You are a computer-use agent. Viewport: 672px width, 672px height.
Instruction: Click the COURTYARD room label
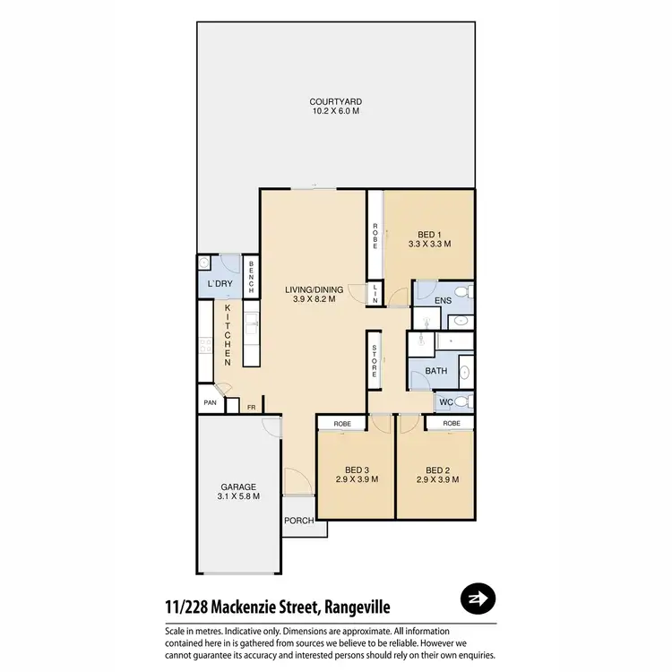[336, 101]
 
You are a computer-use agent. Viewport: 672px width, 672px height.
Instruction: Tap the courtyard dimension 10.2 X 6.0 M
[336, 111]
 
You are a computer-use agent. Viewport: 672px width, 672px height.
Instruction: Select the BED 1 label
[428, 233]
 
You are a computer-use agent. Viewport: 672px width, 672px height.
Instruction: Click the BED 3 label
[357, 470]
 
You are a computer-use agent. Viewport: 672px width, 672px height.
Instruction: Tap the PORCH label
[298, 521]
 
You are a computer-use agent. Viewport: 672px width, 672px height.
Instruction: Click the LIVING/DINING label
[314, 289]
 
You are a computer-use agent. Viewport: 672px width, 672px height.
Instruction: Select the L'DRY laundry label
[220, 284]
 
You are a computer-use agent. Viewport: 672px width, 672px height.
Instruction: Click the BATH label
[436, 370]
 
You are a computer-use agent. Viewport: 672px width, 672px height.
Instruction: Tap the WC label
[445, 402]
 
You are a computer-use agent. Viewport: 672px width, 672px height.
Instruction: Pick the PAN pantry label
[210, 403]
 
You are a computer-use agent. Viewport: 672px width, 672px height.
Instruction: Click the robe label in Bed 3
[341, 422]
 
